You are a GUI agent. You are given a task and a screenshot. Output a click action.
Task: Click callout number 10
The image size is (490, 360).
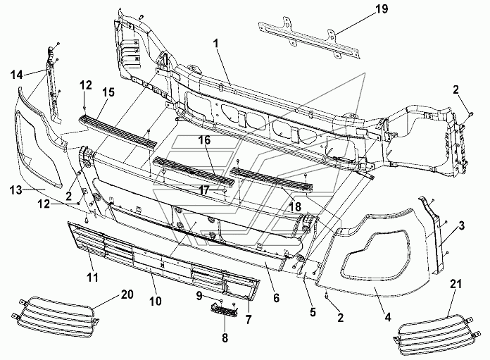[x=156, y=301]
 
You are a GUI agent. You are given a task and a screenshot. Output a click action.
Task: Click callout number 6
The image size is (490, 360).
[x=276, y=298]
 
